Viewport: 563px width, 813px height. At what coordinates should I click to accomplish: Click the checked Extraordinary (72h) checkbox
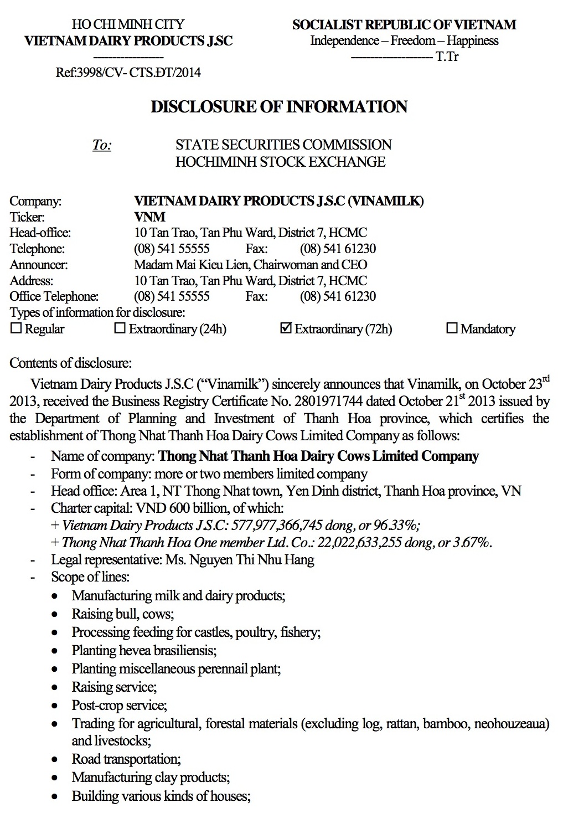(286, 328)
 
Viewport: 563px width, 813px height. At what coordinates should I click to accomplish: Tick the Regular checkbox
(16, 328)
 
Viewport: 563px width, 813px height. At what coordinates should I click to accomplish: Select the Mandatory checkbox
(452, 328)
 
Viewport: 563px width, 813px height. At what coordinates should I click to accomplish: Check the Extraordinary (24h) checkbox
(120, 328)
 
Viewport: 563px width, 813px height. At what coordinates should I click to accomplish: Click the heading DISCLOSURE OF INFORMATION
(279, 106)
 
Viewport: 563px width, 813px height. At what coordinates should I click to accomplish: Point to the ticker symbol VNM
(150, 217)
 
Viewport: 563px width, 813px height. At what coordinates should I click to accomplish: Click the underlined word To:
(102, 145)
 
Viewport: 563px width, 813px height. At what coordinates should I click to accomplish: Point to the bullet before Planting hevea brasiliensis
(54, 651)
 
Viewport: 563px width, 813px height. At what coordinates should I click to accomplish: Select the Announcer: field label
(39, 265)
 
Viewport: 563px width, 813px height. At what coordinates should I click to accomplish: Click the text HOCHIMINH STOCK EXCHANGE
(280, 162)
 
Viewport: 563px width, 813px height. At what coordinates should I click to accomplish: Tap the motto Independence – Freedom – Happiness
(404, 40)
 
